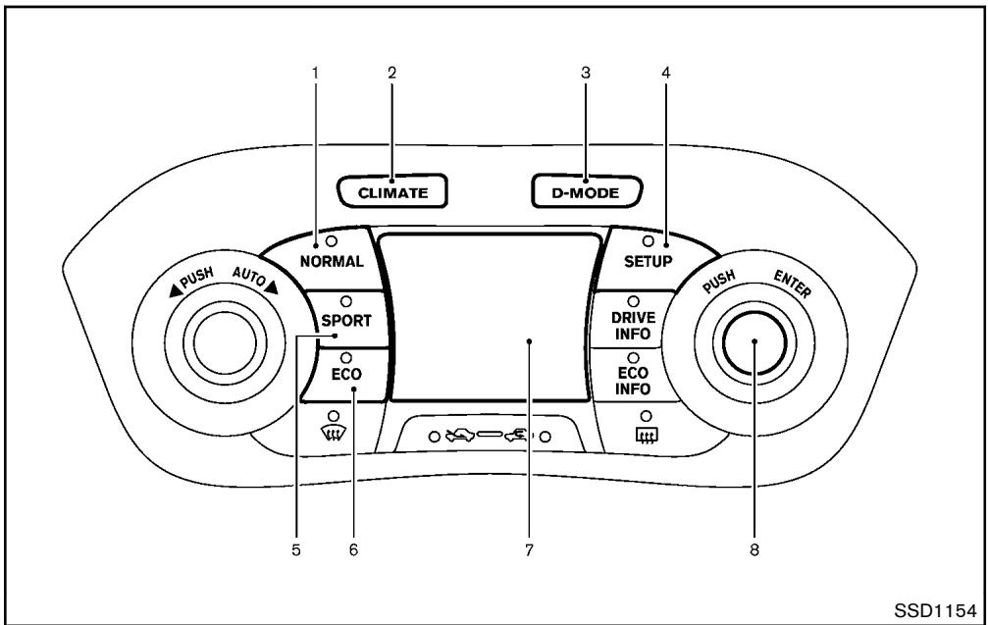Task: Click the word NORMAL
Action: click(x=332, y=261)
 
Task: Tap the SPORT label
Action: click(x=346, y=321)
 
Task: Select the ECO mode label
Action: click(x=346, y=374)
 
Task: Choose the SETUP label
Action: click(x=648, y=261)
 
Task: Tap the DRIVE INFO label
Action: click(x=633, y=326)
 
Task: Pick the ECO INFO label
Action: click(x=633, y=381)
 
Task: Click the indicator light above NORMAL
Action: click(x=331, y=240)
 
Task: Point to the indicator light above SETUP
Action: click(x=648, y=240)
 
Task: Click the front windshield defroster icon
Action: click(x=334, y=434)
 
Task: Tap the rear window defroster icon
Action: click(x=646, y=434)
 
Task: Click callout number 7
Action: click(x=529, y=550)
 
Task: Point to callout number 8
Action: click(x=754, y=550)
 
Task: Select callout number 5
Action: click(x=296, y=550)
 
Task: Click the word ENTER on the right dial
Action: click(x=792, y=284)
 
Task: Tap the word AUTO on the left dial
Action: click(x=249, y=278)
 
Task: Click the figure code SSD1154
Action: click(x=935, y=610)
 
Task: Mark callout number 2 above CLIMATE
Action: click(x=391, y=73)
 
